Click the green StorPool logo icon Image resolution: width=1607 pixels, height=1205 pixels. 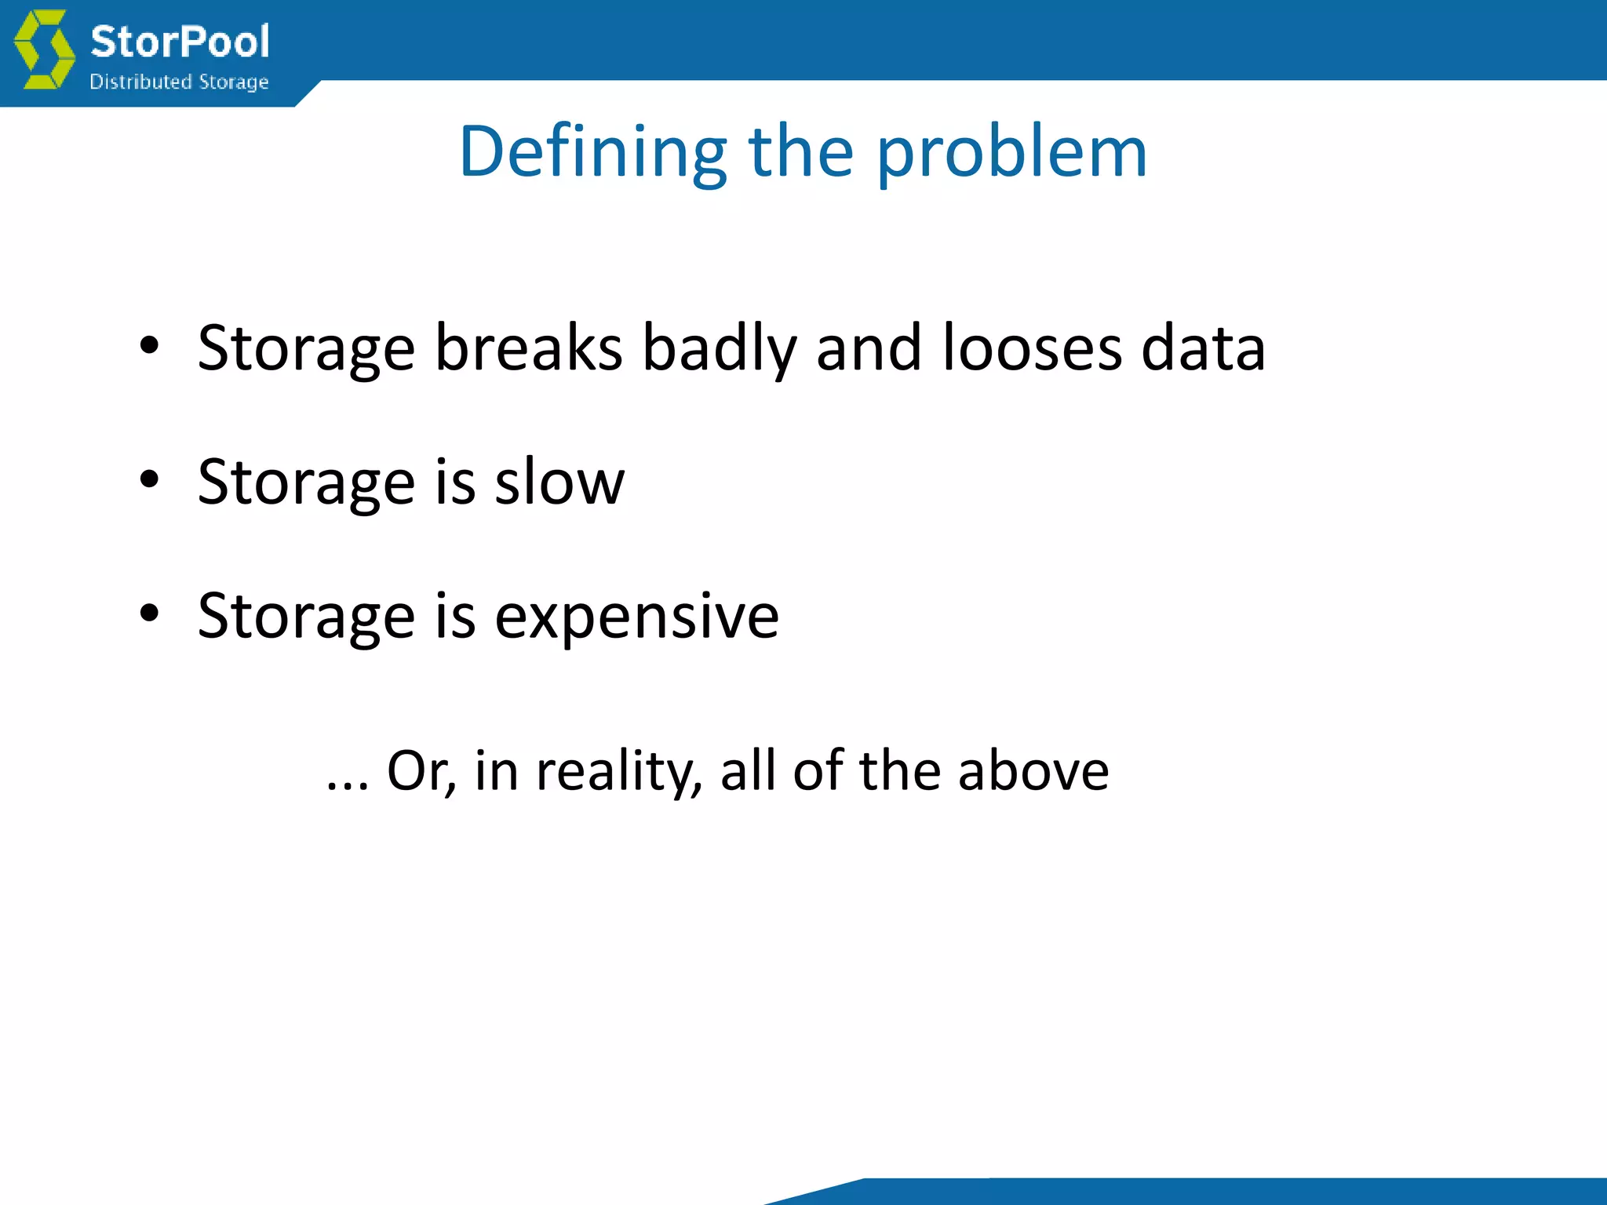pyautogui.click(x=45, y=49)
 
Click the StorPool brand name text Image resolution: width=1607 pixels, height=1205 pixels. pyautogui.click(x=180, y=42)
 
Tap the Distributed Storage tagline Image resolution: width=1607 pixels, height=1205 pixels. pyautogui.click(x=179, y=82)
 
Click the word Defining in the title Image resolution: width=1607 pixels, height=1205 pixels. pyautogui.click(x=593, y=153)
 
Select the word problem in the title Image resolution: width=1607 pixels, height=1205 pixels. pyautogui.click(x=1011, y=153)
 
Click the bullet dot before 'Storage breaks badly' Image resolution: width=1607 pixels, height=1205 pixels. pyautogui.click(x=149, y=345)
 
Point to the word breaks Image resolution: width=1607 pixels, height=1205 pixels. pyautogui.click(x=528, y=348)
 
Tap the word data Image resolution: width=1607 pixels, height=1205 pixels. pyautogui.click(x=1203, y=348)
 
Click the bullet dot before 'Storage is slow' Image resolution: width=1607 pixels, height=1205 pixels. pyautogui.click(x=149, y=479)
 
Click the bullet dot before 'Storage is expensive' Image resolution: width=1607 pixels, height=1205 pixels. pyautogui.click(x=149, y=613)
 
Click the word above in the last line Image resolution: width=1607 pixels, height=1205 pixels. pyautogui.click(x=1033, y=770)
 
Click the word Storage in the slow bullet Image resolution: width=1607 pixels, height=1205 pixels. pyautogui.click(x=306, y=482)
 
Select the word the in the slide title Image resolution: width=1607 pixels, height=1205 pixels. pyautogui.click(x=801, y=153)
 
